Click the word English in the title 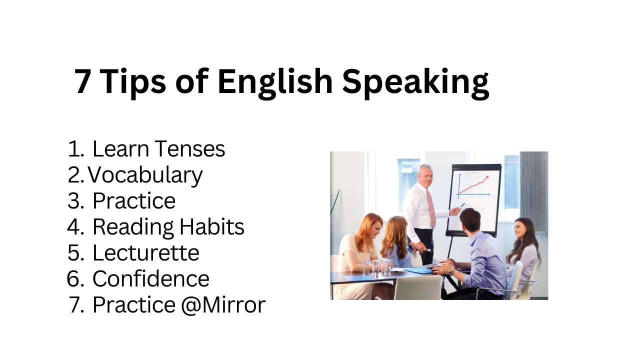[275, 83]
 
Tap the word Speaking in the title [415, 83]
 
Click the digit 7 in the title [83, 81]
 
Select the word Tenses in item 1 [190, 149]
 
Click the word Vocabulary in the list [145, 175]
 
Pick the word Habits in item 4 [211, 227]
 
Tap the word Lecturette [145, 253]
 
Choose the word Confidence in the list [151, 279]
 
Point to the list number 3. [75, 201]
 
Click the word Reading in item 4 [133, 227]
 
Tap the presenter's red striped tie [431, 208]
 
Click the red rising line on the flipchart [473, 185]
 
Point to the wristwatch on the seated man [451, 271]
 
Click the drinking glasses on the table [376, 267]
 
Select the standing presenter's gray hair [425, 169]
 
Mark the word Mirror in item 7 [234, 305]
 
